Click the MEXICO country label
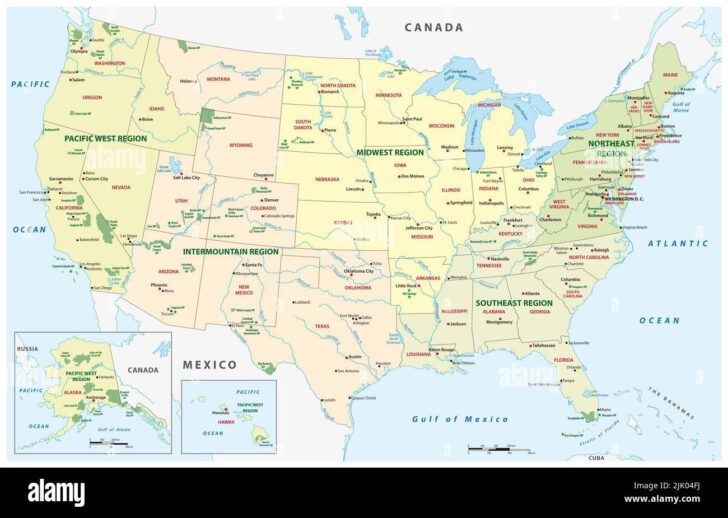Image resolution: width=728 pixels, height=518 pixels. (x=209, y=364)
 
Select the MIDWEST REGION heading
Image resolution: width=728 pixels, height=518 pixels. (x=390, y=152)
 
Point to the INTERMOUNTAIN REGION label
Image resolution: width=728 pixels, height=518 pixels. (x=231, y=252)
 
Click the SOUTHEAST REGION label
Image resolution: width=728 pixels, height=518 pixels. (x=513, y=302)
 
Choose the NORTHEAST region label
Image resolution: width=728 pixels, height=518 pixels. (x=610, y=144)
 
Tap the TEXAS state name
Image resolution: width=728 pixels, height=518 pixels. (x=322, y=325)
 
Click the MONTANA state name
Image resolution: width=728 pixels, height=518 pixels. (x=217, y=79)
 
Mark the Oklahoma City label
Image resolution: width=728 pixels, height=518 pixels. (x=359, y=271)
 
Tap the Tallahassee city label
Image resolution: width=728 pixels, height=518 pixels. (x=544, y=345)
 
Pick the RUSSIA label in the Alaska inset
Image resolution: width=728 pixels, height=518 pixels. (x=27, y=349)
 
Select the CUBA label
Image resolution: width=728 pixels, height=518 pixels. (x=596, y=457)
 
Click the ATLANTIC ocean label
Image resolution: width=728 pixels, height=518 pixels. (x=677, y=243)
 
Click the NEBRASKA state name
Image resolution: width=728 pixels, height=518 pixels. (x=327, y=180)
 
